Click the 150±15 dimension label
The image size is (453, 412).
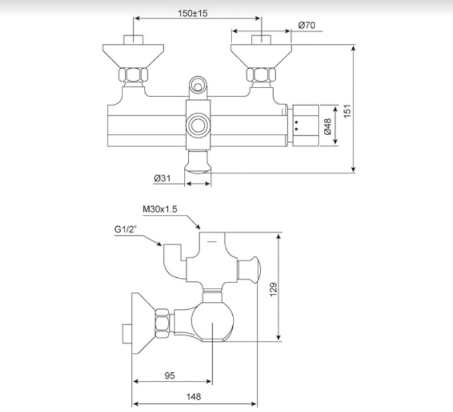pyautogui.click(x=192, y=13)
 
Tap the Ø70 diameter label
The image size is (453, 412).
pyautogui.click(x=307, y=26)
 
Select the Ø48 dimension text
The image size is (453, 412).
pyautogui.click(x=328, y=126)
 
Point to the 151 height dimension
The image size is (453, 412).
pyautogui.click(x=347, y=111)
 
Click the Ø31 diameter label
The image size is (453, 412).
pyautogui.click(x=162, y=178)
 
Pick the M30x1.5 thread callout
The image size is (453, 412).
pyautogui.click(x=160, y=209)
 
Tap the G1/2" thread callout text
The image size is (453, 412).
pyautogui.click(x=125, y=230)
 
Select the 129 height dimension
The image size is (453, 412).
pyautogui.click(x=273, y=289)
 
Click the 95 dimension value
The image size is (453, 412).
pyautogui.click(x=170, y=376)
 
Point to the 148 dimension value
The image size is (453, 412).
pyautogui.click(x=193, y=397)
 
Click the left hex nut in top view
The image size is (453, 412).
pyautogui.click(x=133, y=74)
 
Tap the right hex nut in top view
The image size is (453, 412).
pyautogui.click(x=261, y=74)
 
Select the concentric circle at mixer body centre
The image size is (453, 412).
pyautogui.click(x=198, y=125)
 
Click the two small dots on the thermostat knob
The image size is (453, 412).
pyautogui.click(x=296, y=126)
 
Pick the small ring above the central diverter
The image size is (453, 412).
pyautogui.click(x=198, y=86)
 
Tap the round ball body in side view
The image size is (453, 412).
pyautogui.click(x=212, y=321)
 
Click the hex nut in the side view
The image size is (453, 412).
pyautogui.click(x=162, y=324)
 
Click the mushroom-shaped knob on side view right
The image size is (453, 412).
pyautogui.click(x=249, y=270)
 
